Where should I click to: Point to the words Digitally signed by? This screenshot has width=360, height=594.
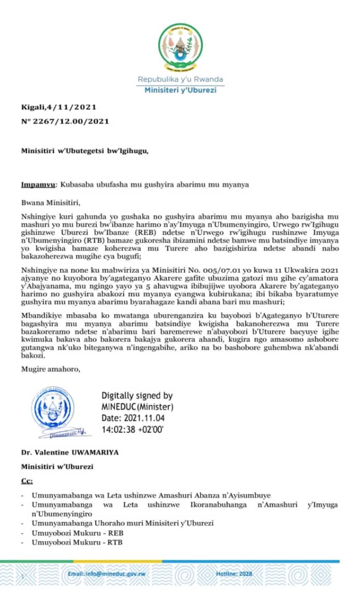click(x=137, y=395)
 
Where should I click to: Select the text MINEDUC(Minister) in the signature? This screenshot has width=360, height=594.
click(x=137, y=406)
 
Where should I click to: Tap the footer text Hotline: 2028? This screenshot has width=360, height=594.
click(x=285, y=574)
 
